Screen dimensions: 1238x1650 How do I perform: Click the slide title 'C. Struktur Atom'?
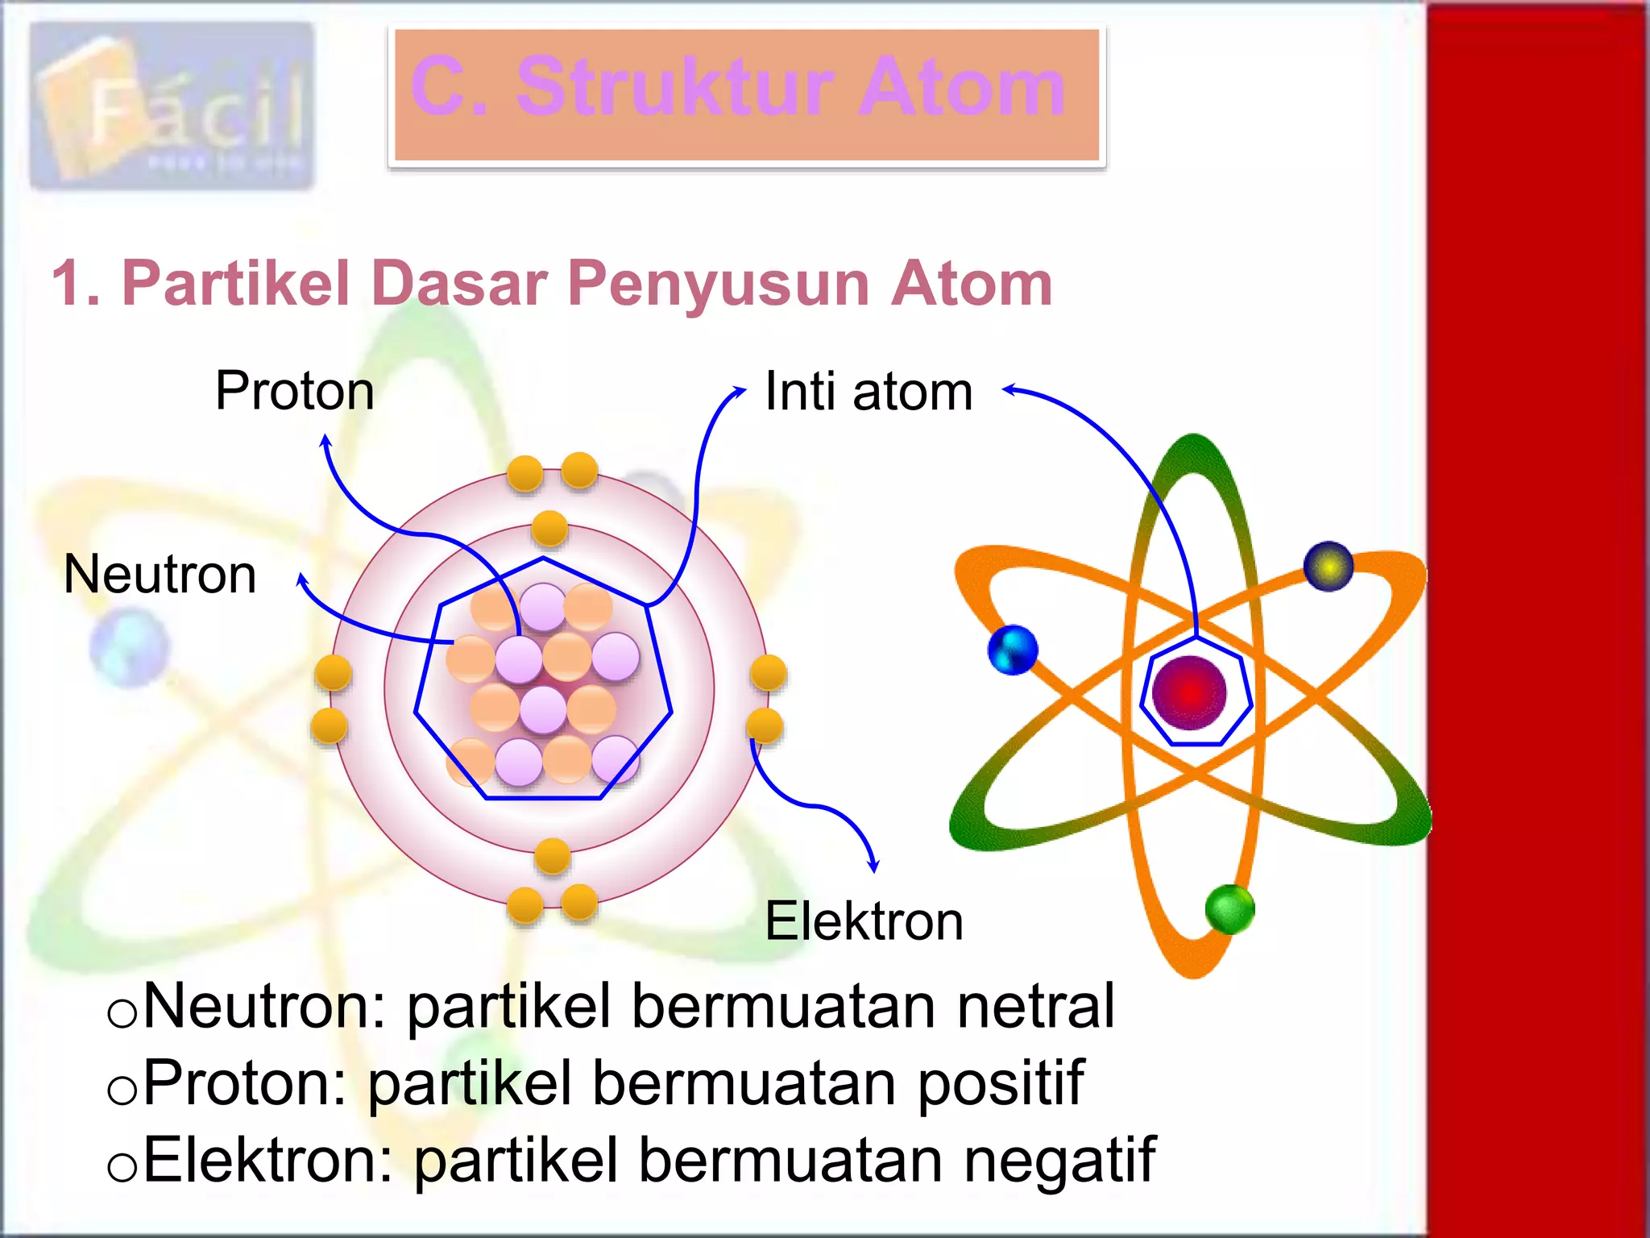pos(739,87)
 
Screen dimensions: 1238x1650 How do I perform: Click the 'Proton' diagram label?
pos(295,392)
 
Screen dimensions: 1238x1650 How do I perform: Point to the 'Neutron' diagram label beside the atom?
pos(160,575)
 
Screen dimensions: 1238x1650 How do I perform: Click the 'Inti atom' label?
pos(869,392)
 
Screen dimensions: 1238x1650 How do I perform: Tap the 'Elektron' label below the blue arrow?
pos(864,921)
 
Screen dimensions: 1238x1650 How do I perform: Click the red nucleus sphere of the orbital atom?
pos(1189,692)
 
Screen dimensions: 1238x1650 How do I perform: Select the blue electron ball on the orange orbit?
pos(1013,650)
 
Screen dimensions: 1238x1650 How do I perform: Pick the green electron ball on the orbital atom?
pos(1229,910)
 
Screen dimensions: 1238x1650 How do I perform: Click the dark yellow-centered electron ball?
pos(1329,566)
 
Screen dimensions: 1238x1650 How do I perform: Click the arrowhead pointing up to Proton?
pos(325,440)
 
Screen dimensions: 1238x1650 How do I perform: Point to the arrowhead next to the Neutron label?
pos(301,579)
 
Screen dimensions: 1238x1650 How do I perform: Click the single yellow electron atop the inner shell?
pos(549,530)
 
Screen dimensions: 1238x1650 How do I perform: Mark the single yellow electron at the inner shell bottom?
pos(552,856)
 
